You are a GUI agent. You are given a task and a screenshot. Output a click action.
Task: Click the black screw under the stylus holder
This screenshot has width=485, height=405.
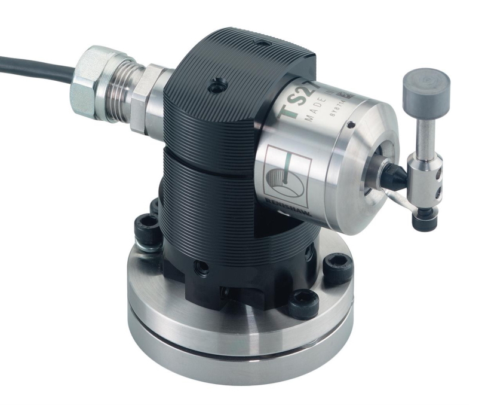425,218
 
